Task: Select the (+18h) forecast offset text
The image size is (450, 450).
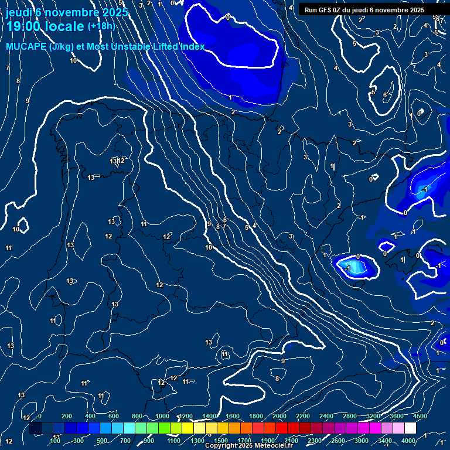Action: click(101, 26)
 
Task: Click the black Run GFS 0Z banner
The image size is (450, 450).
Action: click(364, 10)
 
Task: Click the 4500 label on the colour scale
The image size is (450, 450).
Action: click(420, 416)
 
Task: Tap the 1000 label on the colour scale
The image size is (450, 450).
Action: click(162, 416)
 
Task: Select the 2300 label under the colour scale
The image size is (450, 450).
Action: click(314, 441)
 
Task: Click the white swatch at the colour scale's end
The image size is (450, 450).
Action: click(410, 428)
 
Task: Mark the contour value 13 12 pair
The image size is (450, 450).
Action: click(118, 161)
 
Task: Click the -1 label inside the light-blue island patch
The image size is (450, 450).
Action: click(347, 268)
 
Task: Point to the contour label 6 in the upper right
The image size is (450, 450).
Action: click(385, 95)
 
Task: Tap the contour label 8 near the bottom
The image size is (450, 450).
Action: click(277, 379)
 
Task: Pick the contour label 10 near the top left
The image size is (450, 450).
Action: click(73, 60)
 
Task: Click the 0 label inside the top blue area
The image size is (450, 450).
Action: click(228, 18)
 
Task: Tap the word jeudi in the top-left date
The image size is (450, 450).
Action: click(18, 12)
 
